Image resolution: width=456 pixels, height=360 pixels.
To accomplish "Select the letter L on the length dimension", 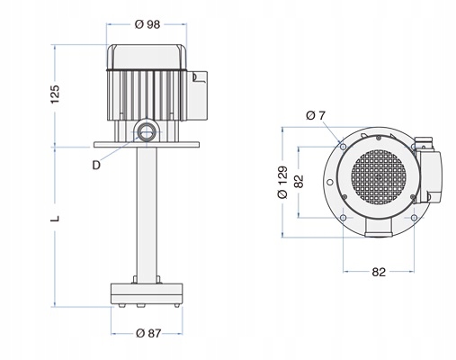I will click(x=55, y=219).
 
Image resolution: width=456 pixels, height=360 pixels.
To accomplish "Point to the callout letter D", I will click(x=95, y=165).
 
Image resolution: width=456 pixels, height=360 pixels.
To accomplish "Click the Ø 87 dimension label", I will click(x=149, y=335).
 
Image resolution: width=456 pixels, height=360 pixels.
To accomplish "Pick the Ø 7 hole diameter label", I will click(x=315, y=115).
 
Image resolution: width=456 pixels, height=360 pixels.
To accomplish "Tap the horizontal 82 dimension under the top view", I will click(x=380, y=271).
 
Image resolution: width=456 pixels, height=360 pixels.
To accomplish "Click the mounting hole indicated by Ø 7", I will click(x=342, y=145).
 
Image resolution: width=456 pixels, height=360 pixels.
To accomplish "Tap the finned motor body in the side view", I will click(x=144, y=90).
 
